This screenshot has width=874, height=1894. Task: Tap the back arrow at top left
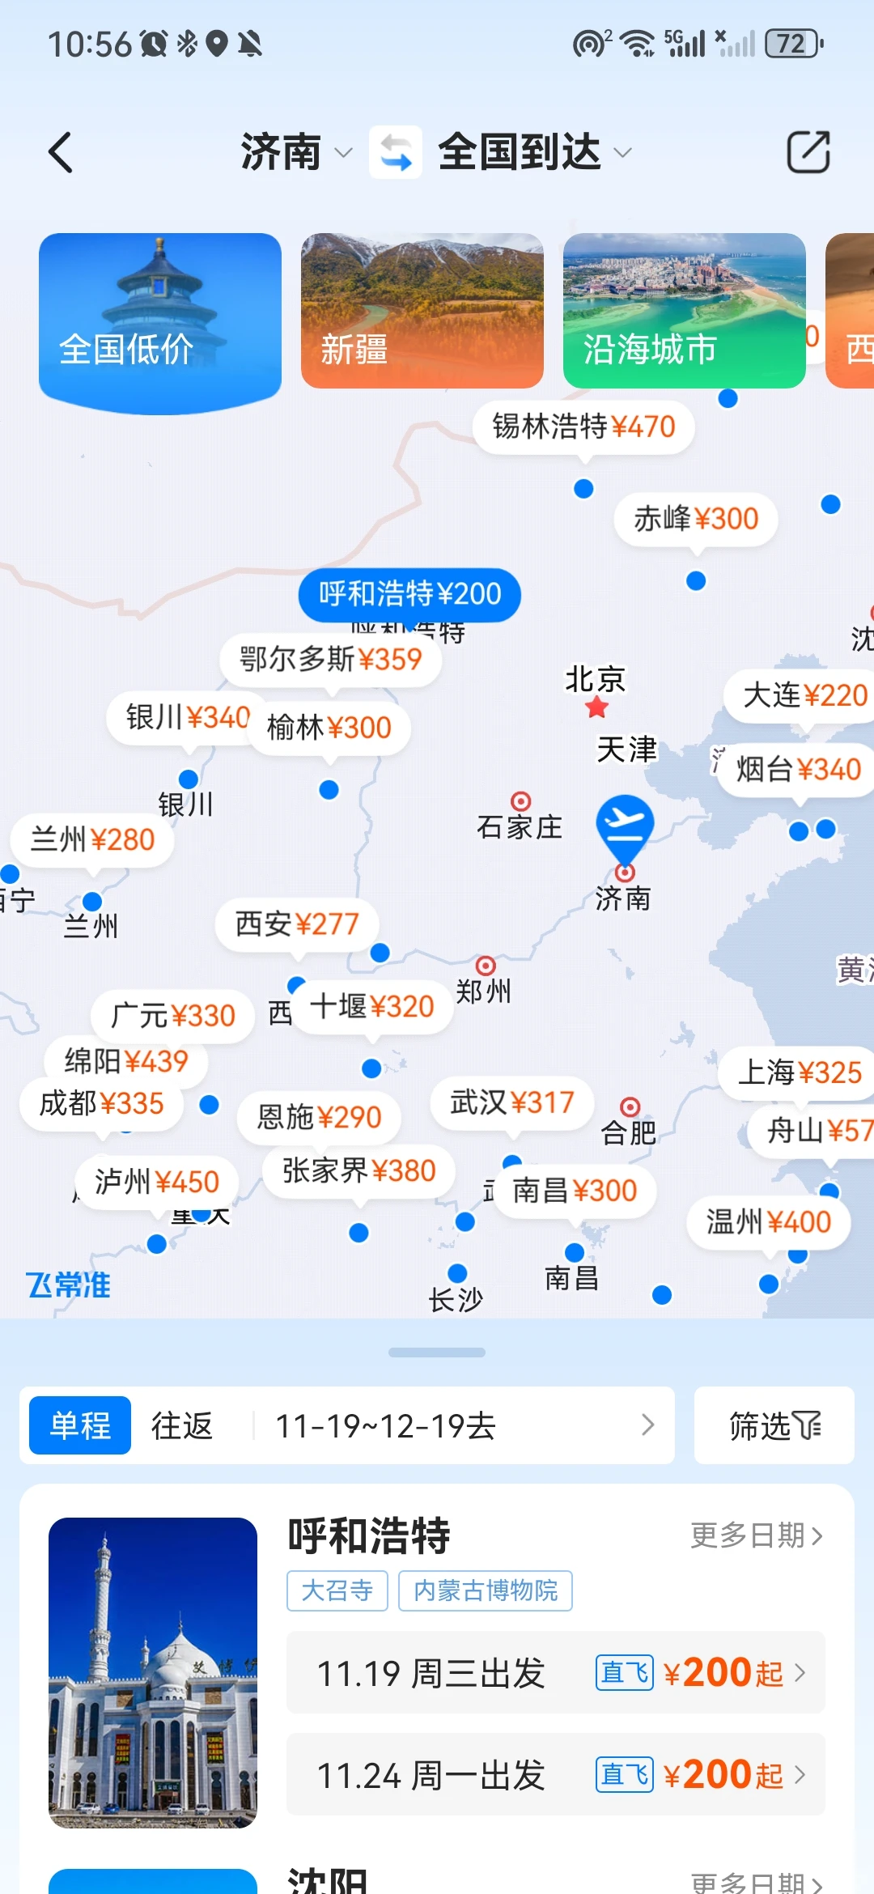point(62,152)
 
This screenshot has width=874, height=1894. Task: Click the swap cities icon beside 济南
point(396,152)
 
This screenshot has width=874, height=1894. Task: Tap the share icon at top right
point(808,152)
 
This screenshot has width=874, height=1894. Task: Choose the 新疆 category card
point(422,311)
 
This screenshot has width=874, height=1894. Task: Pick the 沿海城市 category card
point(684,311)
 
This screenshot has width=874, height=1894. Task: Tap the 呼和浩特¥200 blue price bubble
point(409,594)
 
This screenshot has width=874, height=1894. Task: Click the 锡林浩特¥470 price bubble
point(583,427)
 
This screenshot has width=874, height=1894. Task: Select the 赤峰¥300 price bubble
point(696,519)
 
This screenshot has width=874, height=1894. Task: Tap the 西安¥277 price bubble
point(297,924)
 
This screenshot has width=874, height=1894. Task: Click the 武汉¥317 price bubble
point(512,1102)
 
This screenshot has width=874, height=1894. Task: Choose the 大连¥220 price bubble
point(804,695)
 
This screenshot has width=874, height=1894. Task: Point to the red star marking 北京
point(597,708)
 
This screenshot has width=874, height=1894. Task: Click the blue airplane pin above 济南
point(625,826)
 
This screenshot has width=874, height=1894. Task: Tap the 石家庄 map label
point(520,827)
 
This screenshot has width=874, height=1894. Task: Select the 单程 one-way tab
point(80,1425)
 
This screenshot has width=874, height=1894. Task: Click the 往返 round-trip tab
point(182,1425)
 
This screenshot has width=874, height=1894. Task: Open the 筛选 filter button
point(774,1425)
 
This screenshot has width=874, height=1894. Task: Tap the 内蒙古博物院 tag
point(486,1590)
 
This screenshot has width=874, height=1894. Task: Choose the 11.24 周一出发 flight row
point(555,1775)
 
